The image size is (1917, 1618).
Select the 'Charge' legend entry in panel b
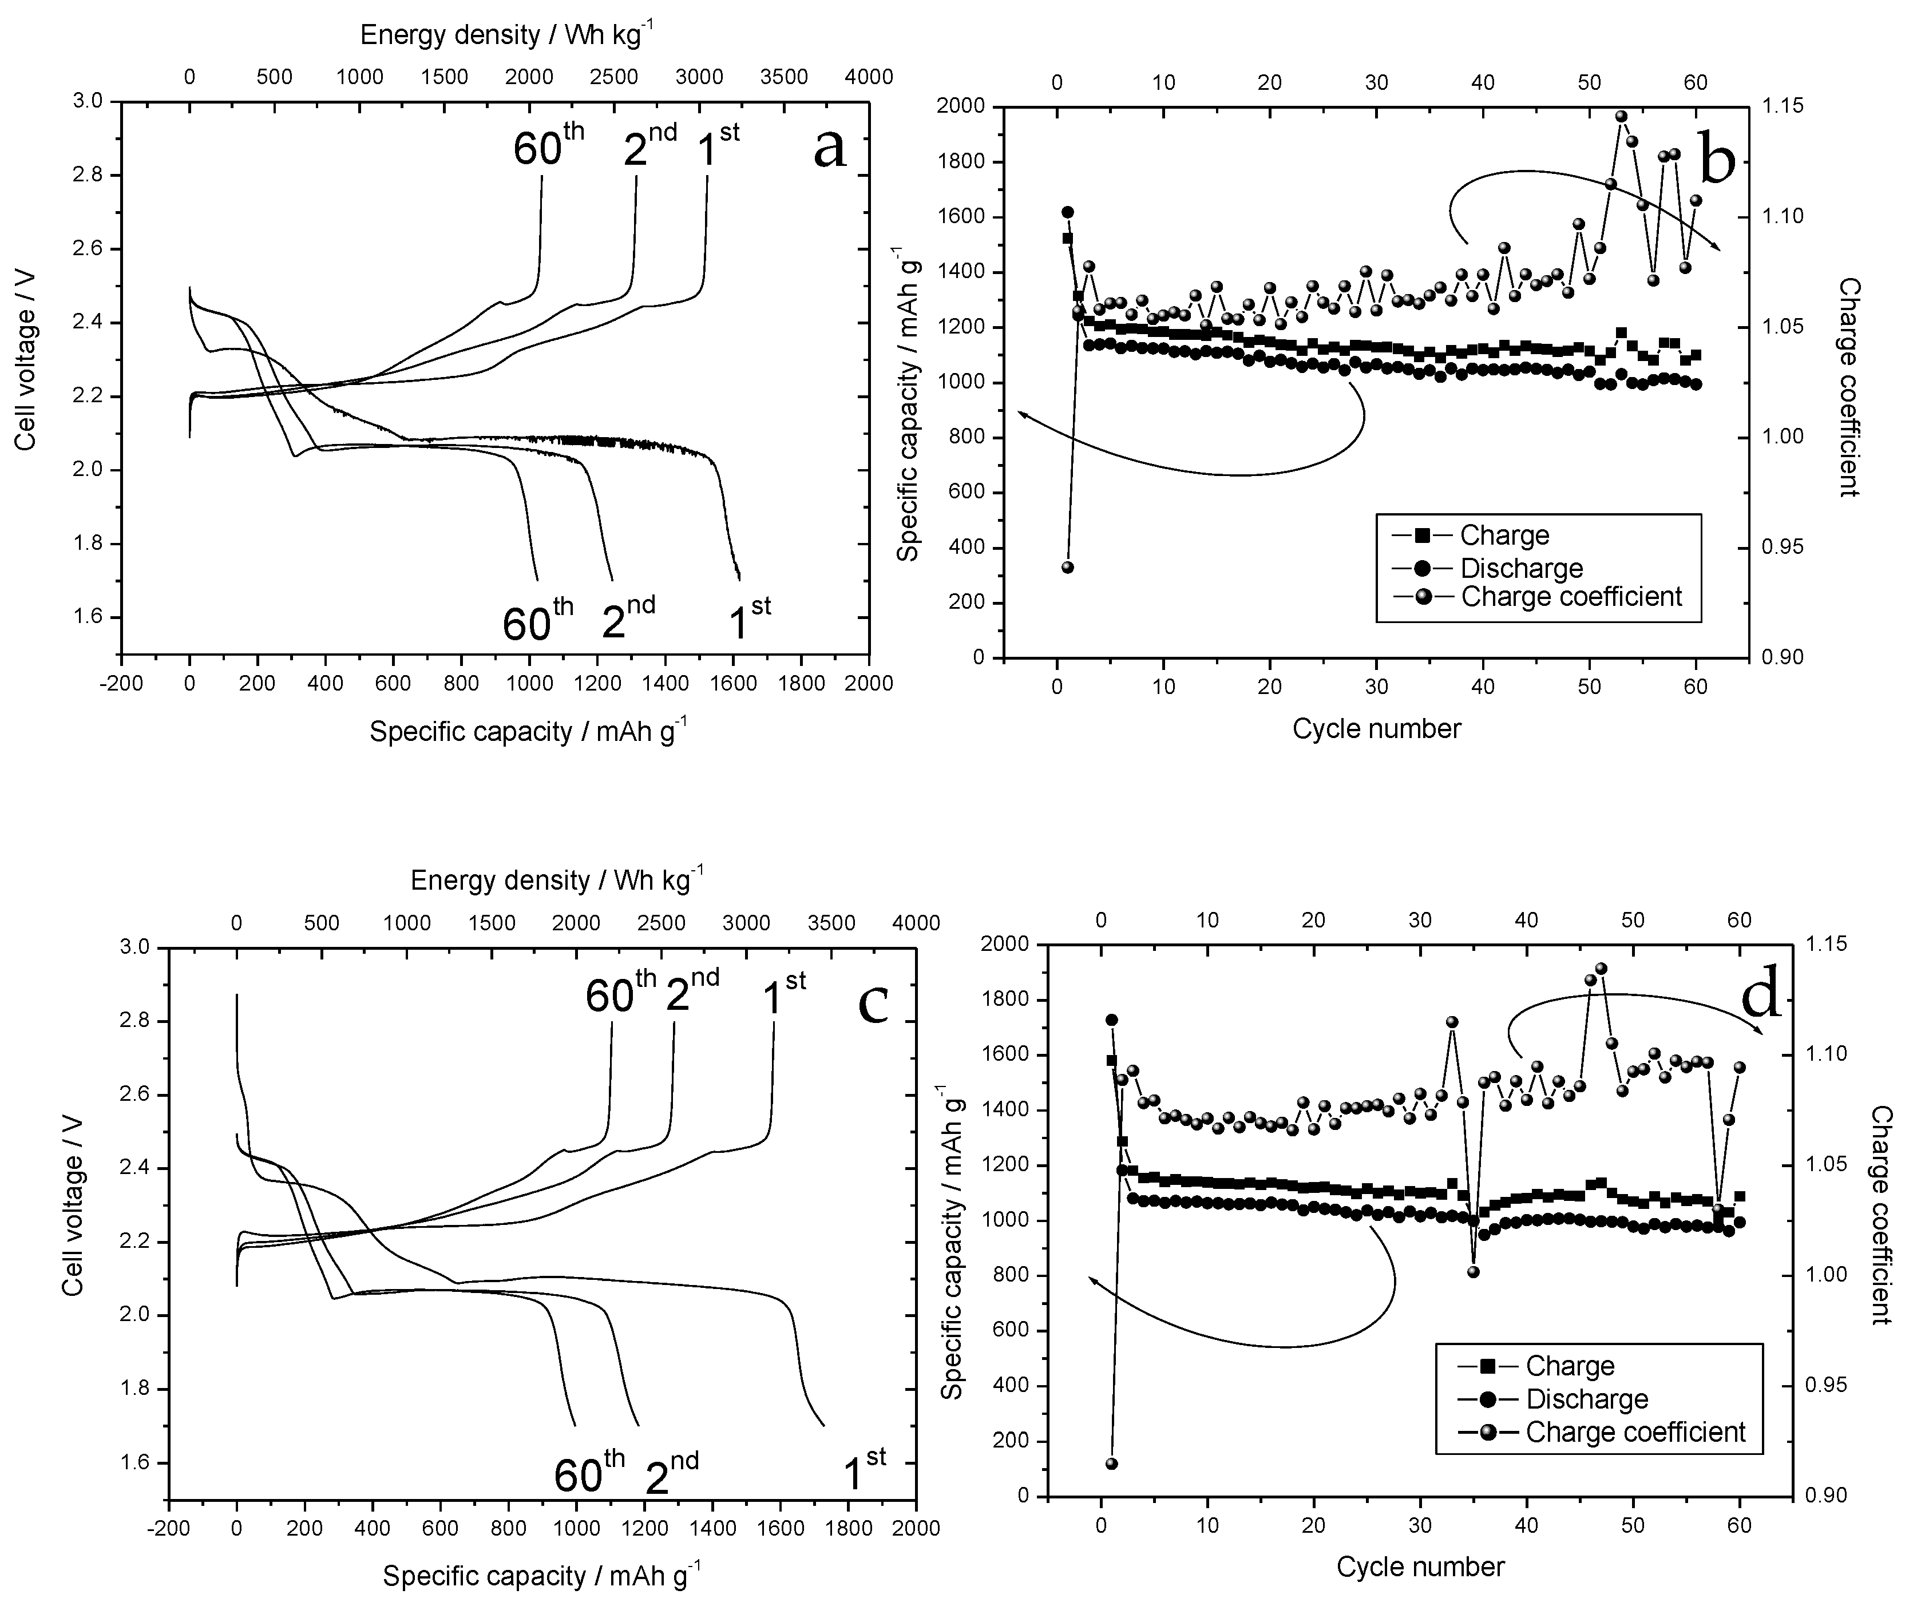[1504, 536]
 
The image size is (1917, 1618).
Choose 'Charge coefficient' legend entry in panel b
[1571, 597]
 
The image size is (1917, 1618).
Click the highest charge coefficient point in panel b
[1621, 117]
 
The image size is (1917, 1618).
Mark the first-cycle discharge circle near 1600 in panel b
[1068, 212]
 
